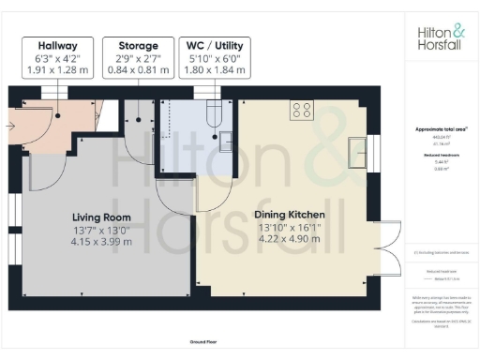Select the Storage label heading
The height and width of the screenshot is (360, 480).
(137, 45)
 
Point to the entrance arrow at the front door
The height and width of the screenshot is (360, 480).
(12, 121)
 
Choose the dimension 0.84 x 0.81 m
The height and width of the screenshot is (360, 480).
(137, 69)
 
